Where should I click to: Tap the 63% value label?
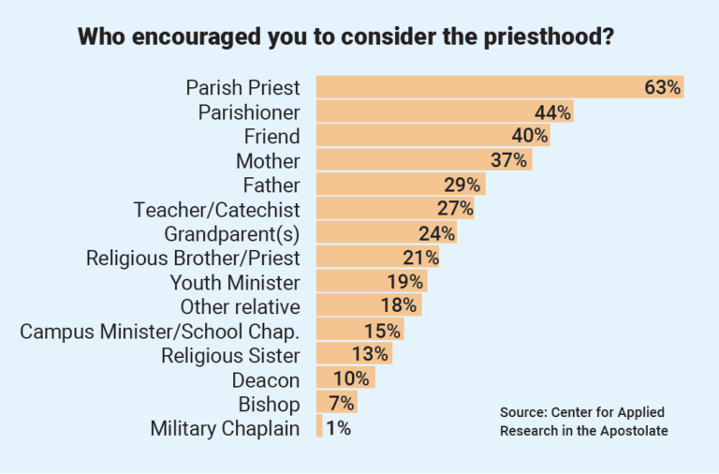662,88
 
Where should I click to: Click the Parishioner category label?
249,112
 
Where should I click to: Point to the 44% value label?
552,112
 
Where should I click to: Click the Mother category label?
268,161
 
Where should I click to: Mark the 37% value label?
510,161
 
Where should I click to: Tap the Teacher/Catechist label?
217,209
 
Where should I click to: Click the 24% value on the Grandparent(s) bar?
436,233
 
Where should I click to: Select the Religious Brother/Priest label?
193,258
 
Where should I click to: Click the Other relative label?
241,306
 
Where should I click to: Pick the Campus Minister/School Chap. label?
160,331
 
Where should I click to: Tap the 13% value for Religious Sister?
372,355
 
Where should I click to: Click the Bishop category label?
269,405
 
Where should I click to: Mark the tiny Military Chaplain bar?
319,428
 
